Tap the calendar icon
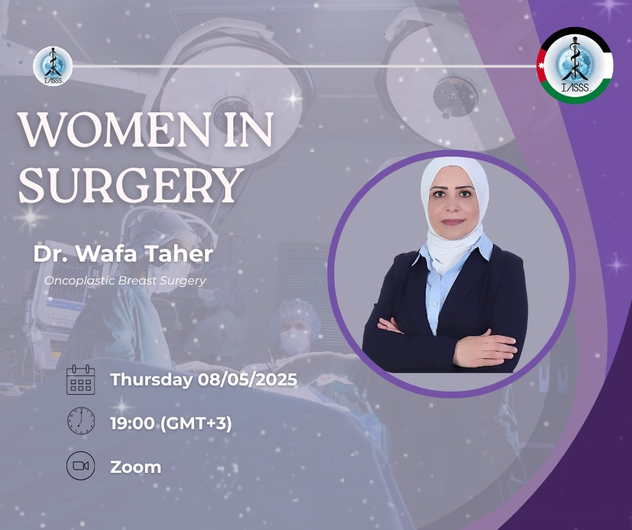point(81,379)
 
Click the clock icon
point(81,420)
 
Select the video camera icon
point(81,466)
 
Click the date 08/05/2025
point(247,379)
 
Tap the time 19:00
point(132,424)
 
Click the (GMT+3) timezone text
point(196,424)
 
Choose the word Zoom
point(135,467)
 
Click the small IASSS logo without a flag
point(53,66)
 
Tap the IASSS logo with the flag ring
point(576,65)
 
